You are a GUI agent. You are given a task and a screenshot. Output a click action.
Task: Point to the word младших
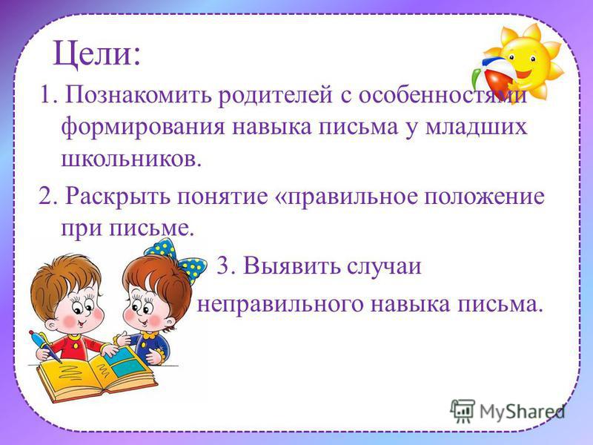(476, 127)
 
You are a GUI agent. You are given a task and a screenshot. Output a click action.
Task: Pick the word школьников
(127, 159)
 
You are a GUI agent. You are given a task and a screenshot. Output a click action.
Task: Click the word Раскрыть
(118, 197)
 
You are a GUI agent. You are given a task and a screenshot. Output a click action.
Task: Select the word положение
(484, 197)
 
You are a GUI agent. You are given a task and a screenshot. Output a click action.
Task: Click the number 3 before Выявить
(224, 266)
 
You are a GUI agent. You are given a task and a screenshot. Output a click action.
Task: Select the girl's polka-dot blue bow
(176, 258)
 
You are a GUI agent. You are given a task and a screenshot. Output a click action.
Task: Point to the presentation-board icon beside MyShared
(463, 411)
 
